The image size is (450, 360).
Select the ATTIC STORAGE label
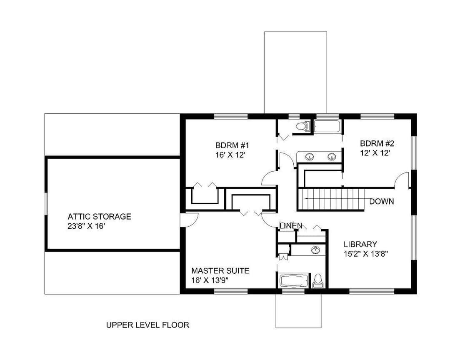(99, 217)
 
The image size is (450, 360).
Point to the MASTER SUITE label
(220, 271)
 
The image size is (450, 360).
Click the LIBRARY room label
(360, 244)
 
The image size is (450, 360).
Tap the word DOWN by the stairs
(381, 202)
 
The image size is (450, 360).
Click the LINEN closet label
(291, 226)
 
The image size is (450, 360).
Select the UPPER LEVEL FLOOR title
(147, 325)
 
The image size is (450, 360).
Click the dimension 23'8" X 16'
(85, 226)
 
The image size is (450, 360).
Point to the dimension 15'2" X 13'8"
(366, 254)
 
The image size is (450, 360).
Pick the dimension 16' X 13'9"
(210, 280)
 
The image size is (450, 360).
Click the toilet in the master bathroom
(317, 280)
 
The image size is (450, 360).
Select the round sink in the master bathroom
(315, 250)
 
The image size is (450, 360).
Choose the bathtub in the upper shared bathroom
(327, 126)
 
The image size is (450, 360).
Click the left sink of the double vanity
(309, 157)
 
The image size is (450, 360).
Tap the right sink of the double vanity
(332, 157)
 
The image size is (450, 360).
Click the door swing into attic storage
(190, 220)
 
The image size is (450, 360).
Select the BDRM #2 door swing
(401, 180)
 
